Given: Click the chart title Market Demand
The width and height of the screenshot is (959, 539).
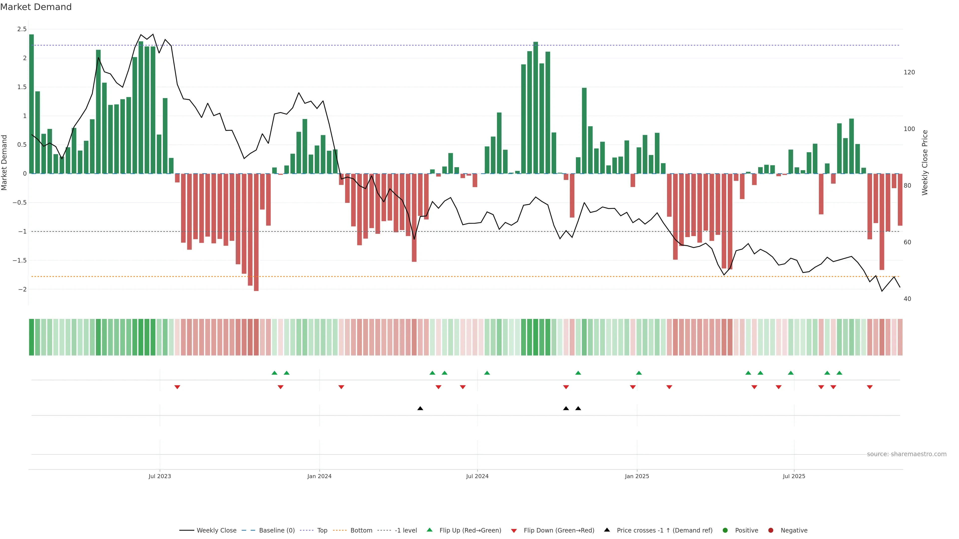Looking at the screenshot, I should point(36,7).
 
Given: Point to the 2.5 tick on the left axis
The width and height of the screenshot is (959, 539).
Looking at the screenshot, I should point(22,29).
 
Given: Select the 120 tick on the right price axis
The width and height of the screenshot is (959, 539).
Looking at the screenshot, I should point(909,72).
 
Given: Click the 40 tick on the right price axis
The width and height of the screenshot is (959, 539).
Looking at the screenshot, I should point(907,299).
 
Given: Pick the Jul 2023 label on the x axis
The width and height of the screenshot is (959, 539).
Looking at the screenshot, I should point(160,476).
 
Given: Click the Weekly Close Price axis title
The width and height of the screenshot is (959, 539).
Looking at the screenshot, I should point(925,162).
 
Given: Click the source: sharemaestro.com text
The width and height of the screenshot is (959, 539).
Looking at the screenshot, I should point(907,454).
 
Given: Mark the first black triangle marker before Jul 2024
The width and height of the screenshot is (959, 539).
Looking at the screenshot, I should point(420,408).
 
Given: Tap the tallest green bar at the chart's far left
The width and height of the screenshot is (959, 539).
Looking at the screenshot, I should point(32,104).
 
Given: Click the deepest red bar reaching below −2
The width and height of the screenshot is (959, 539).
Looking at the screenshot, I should point(256,233).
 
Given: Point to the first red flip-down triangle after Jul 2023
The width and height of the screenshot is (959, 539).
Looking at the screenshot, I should point(177,387).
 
